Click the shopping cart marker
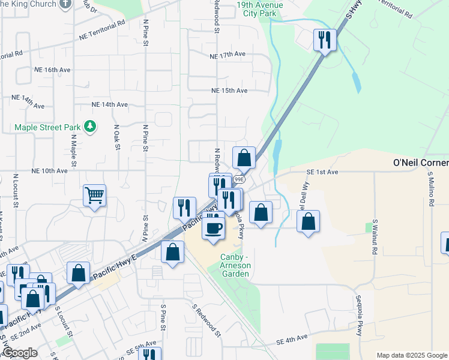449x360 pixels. [95, 195]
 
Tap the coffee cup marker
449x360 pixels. [214, 227]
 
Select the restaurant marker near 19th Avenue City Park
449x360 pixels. [324, 40]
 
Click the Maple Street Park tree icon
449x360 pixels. [90, 127]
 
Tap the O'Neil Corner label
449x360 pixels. [420, 163]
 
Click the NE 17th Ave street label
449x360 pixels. [228, 55]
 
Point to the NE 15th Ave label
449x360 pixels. [229, 91]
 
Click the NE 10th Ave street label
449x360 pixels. [50, 171]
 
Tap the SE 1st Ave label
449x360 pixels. [322, 172]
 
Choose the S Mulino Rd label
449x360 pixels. [431, 189]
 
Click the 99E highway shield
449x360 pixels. [239, 179]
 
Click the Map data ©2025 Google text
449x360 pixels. [411, 355]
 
